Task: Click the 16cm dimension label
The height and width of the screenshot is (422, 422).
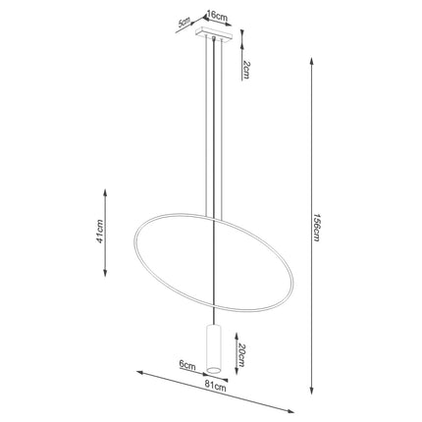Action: coord(217,16)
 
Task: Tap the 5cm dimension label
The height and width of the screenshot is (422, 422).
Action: coord(185,23)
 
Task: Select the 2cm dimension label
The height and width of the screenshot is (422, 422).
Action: coord(246,71)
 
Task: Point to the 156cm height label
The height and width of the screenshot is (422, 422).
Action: coord(316,228)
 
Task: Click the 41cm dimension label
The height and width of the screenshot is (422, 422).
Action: coord(99,231)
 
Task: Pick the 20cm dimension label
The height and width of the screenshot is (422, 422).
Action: coord(240,355)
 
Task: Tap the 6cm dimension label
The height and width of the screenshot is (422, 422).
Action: coord(187,365)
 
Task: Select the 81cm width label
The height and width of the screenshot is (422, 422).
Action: coord(215,388)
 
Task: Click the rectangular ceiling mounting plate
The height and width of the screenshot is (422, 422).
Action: coord(214,33)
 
